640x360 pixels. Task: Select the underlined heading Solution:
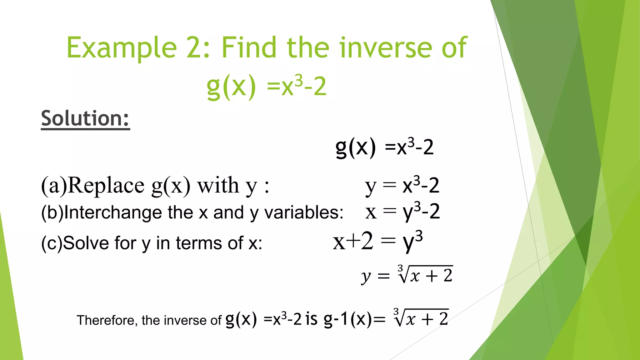point(85,118)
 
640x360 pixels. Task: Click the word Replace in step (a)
point(106,186)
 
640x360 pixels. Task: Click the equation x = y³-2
point(402,212)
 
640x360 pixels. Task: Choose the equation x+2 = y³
point(378,242)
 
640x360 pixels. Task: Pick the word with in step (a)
point(218,186)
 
